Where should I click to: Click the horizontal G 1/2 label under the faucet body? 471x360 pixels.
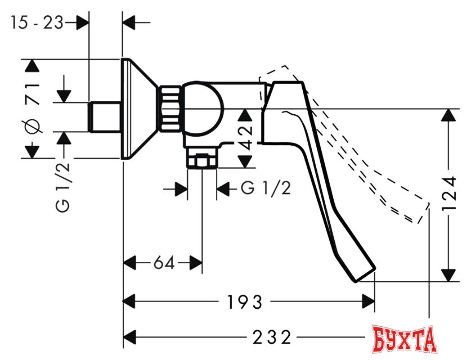click(266, 188)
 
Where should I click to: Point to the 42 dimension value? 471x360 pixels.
click(246, 137)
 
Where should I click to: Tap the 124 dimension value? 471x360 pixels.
click(448, 193)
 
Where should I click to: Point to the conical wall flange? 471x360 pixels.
click(138, 107)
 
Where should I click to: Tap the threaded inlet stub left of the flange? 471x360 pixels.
click(105, 117)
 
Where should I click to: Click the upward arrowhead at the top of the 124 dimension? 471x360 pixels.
click(448, 115)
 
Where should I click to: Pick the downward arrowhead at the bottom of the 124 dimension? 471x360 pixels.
click(448, 274)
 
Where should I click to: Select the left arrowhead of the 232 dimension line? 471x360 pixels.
click(131, 337)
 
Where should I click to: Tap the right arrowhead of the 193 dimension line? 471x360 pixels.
click(367, 302)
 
